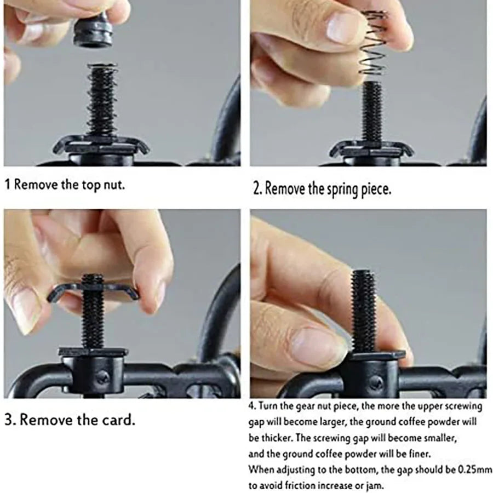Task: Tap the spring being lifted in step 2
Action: pos(374,44)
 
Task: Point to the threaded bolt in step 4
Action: pos(364,311)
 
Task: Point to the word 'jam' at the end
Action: pos(376,486)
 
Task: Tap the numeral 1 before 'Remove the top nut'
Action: pos(8,185)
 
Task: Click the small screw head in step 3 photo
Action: pos(102,376)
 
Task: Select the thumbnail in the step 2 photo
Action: pos(341,28)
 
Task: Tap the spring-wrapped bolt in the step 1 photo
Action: pos(102,100)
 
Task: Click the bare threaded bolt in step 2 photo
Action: pos(372,112)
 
